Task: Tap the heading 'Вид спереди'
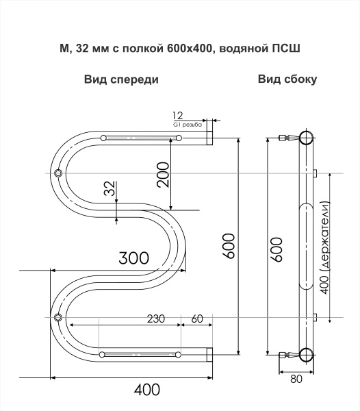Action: [x=121, y=79]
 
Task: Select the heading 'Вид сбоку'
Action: [x=287, y=79]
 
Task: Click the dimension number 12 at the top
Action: [x=179, y=115]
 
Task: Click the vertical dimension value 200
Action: [x=162, y=175]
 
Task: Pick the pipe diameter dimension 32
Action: [x=110, y=189]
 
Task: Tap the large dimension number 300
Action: [x=133, y=258]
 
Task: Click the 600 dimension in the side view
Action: [x=276, y=247]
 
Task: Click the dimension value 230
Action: [x=156, y=318]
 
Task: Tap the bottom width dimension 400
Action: [x=146, y=390]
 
